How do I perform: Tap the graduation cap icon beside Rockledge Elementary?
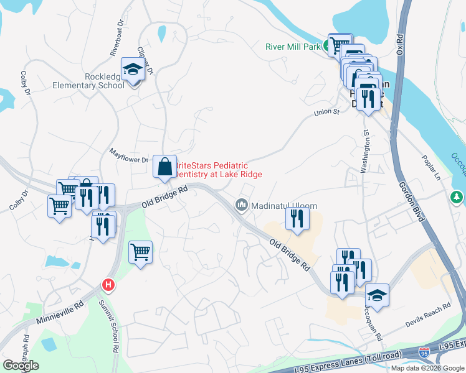pos(133,69)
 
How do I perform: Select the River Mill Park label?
pos(292,46)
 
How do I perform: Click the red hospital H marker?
pos(108,285)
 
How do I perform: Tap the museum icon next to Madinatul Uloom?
pos(241,205)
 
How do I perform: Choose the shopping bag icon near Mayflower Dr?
pos(164,167)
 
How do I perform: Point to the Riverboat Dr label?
pos(117,43)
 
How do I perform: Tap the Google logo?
pos(21,366)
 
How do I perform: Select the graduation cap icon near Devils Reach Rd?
pos(376,294)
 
